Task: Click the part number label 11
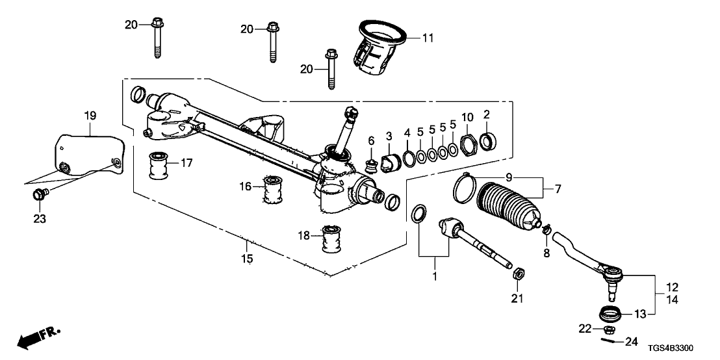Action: (427, 38)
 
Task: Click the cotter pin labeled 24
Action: (608, 339)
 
